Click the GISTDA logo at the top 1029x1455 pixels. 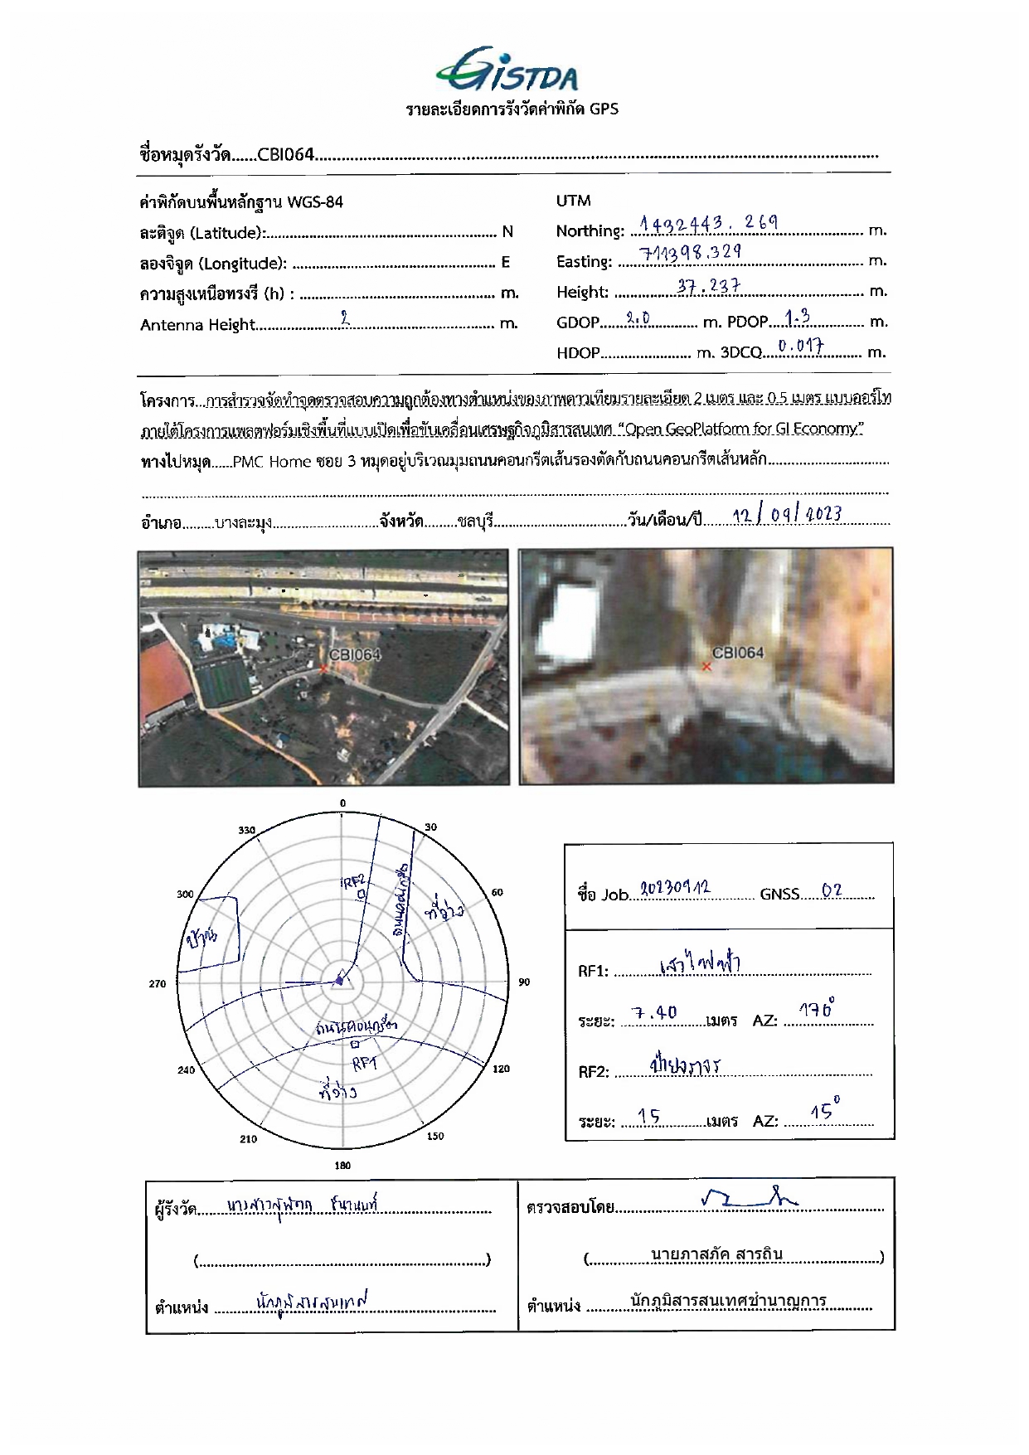coord(507,70)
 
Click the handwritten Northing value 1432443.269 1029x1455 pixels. coord(709,223)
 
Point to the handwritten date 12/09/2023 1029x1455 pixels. coord(787,515)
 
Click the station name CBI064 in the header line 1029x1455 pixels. coord(285,154)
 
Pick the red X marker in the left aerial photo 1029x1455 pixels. coord(323,668)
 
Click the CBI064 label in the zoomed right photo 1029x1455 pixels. coord(737,652)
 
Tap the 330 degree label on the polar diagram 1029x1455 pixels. coord(247,830)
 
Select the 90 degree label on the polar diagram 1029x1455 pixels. coord(524,982)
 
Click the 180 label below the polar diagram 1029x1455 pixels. coord(342,1165)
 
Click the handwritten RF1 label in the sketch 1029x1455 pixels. coord(364,1064)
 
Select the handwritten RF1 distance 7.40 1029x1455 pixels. coord(654,1012)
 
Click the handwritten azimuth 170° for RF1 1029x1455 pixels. coord(817,1010)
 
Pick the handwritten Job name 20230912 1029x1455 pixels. coord(676,890)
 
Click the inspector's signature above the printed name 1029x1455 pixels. coord(746,1197)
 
